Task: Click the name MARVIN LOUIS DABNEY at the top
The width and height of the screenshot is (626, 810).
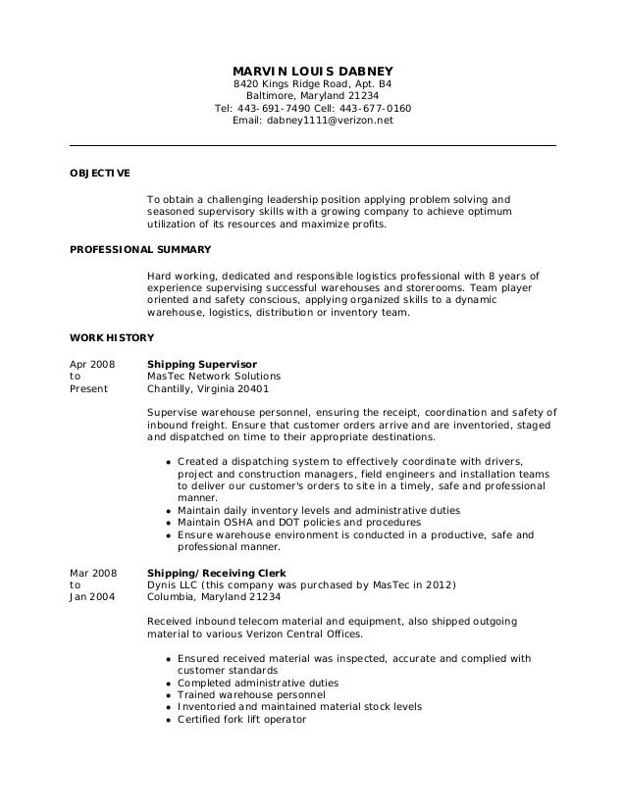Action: pos(312,72)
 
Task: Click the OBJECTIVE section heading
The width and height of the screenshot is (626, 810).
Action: pos(99,173)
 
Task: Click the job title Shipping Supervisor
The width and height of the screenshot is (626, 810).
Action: pos(201,364)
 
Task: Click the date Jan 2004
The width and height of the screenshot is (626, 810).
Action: pos(89,597)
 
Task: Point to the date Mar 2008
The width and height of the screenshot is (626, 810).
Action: pos(90,572)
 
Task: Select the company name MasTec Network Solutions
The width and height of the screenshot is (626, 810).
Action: pos(213,377)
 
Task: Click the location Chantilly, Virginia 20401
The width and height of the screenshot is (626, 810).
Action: pos(214,389)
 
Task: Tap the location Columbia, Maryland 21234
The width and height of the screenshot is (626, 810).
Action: pos(213,597)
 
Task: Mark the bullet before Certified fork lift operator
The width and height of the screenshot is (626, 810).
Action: pos(169,720)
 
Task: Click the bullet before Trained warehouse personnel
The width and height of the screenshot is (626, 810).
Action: pos(169,695)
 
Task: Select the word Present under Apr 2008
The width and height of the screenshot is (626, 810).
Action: pos(86,389)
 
